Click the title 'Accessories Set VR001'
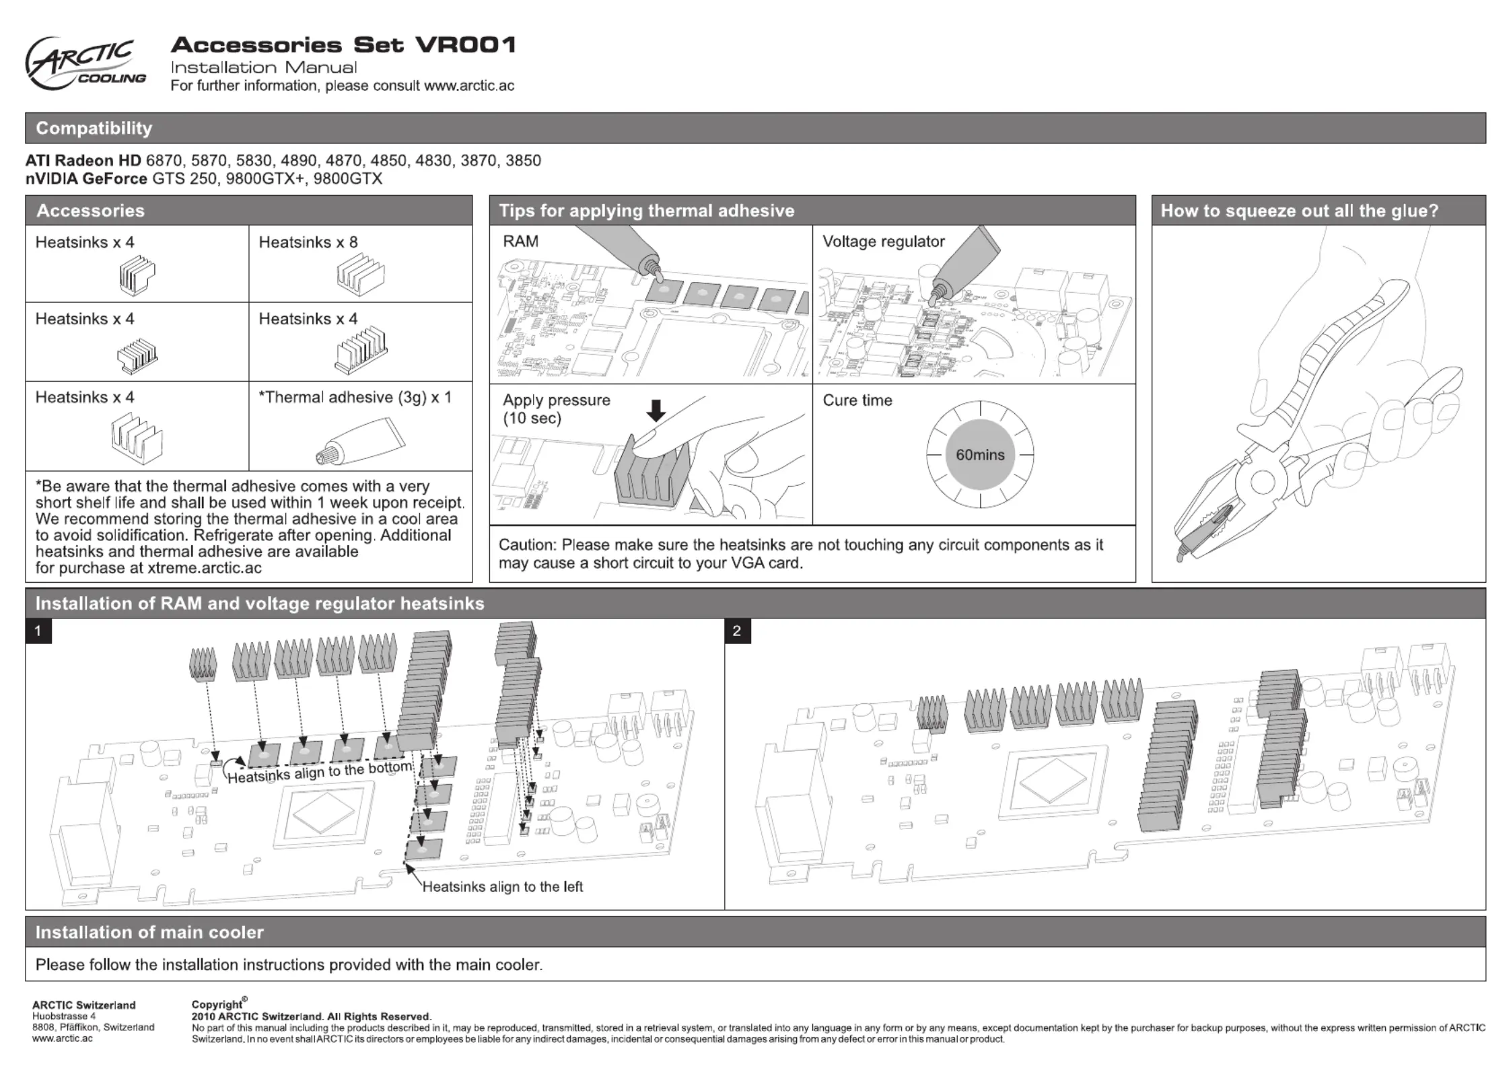pyautogui.click(x=343, y=45)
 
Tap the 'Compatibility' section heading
pyautogui.click(x=94, y=128)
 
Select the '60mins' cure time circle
pyautogui.click(x=980, y=455)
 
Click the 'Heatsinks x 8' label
pyautogui.click(x=308, y=242)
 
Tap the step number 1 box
pyautogui.click(x=38, y=631)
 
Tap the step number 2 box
pyautogui.click(x=737, y=631)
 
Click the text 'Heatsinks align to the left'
pyautogui.click(x=502, y=887)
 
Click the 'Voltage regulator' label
pyautogui.click(x=883, y=242)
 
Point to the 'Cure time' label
pyautogui.click(x=857, y=400)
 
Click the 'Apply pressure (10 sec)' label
pyautogui.click(x=556, y=408)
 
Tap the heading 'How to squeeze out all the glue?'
pyautogui.click(x=1299, y=211)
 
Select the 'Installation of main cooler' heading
pyautogui.click(x=149, y=932)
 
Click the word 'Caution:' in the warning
pyautogui.click(x=527, y=545)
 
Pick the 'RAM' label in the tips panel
pyautogui.click(x=520, y=242)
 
